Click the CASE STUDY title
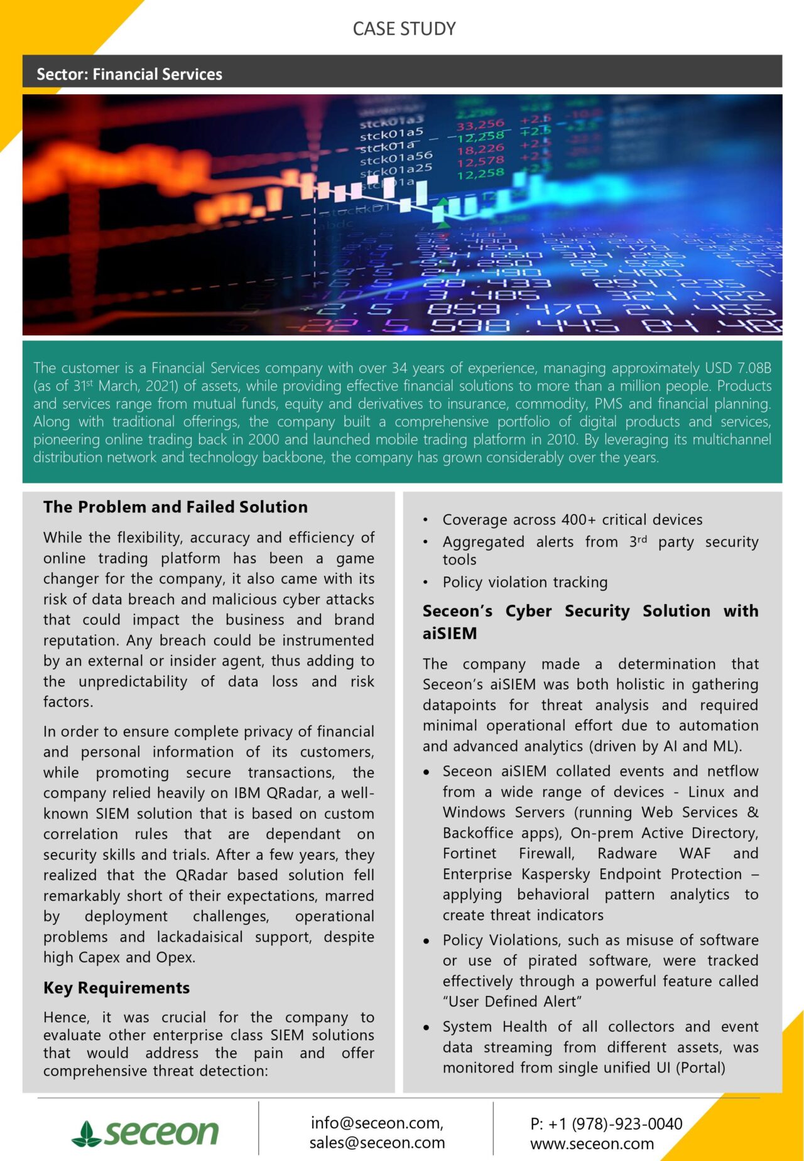404,29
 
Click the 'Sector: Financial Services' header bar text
129,74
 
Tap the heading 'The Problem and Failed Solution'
175,507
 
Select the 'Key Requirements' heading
116,988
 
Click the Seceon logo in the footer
146,1132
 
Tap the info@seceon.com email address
376,1123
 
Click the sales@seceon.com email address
377,1143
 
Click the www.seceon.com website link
592,1144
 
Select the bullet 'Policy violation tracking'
524,582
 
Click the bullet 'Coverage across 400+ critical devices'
572,520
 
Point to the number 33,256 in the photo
480,124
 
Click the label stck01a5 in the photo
391,134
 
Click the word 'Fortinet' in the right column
469,853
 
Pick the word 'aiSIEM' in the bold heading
450,633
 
